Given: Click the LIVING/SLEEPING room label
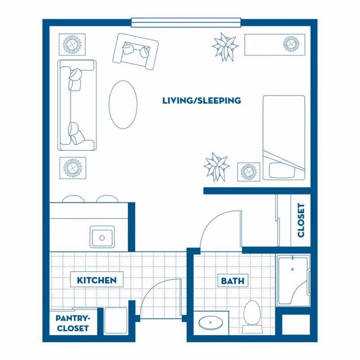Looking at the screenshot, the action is (202, 100).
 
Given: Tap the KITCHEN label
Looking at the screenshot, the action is (97, 280).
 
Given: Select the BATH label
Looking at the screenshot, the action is (233, 281).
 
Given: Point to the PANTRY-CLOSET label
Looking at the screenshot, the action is (73, 323).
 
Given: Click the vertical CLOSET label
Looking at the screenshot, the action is (301, 220).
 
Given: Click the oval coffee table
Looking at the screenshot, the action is (123, 104).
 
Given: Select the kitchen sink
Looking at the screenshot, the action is (102, 237).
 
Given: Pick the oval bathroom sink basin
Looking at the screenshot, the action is (211, 323).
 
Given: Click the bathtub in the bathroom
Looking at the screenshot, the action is (293, 280).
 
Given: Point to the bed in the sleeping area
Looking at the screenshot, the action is (284, 138).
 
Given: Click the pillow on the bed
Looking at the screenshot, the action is (282, 170).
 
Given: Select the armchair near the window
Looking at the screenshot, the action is (135, 51).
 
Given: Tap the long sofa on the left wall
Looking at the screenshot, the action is (77, 105).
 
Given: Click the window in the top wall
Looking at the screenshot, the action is (186, 22).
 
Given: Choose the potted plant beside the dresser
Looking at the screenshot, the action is (225, 47).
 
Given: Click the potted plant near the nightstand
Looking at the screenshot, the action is (216, 167).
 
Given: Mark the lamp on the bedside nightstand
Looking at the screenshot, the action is (249, 172).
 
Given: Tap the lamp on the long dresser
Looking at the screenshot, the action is (291, 44).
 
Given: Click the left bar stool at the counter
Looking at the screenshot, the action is (73, 198).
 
